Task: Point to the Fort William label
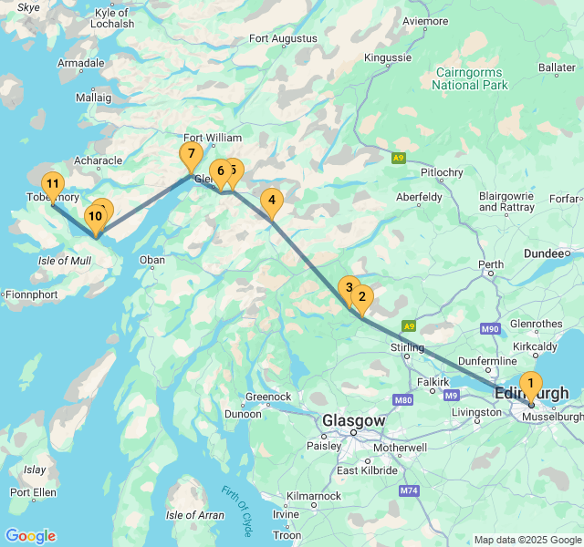(213, 138)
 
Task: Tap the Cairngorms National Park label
(470, 78)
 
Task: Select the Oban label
(151, 261)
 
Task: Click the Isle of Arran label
(194, 515)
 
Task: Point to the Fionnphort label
(32, 294)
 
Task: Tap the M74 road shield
(408, 490)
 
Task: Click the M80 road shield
(404, 399)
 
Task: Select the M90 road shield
(490, 328)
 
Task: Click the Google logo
(30, 536)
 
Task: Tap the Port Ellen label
(33, 492)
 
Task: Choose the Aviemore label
(425, 20)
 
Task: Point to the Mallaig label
(93, 97)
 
